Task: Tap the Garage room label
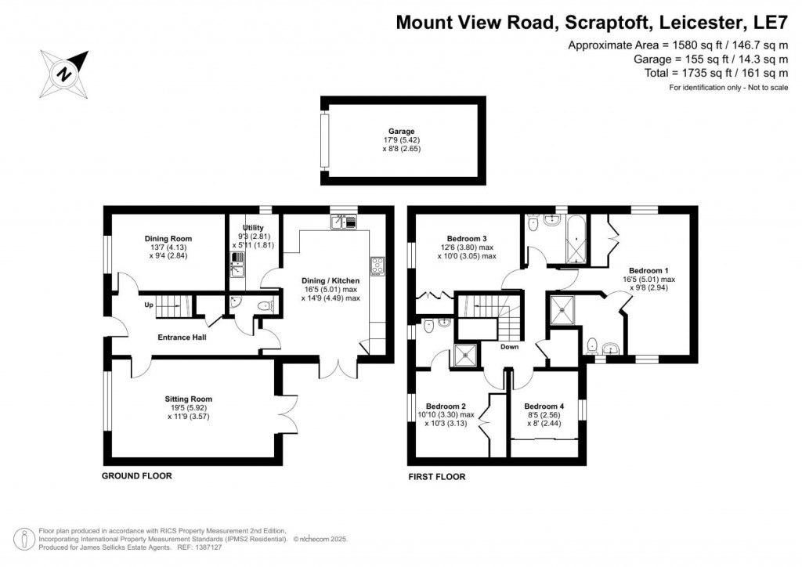(x=401, y=132)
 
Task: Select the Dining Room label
(x=168, y=239)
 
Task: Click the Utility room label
(x=252, y=227)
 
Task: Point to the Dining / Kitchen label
(x=331, y=280)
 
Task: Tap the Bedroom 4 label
(x=544, y=406)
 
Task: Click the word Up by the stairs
(x=148, y=305)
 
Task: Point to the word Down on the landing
(x=509, y=346)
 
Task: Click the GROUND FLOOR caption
(x=137, y=475)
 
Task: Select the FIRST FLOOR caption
(x=437, y=476)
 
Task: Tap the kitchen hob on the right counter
(x=377, y=267)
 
